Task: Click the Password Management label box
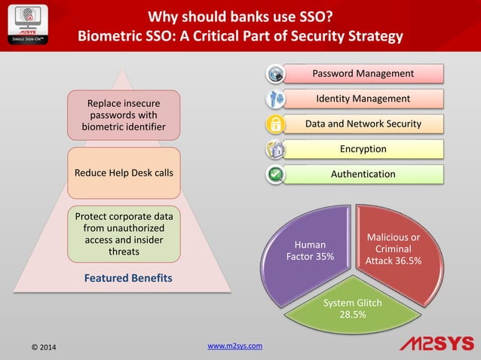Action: click(x=363, y=74)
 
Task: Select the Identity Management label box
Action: click(x=363, y=99)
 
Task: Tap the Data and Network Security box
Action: click(x=363, y=124)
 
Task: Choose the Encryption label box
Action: click(x=363, y=149)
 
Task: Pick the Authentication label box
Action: click(x=363, y=174)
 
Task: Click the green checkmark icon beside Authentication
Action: click(x=276, y=175)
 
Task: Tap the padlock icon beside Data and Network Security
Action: click(x=276, y=124)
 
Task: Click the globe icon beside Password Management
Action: click(x=276, y=74)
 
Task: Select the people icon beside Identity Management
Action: click(x=276, y=99)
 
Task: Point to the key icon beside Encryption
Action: click(x=276, y=150)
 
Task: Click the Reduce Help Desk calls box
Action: click(x=124, y=173)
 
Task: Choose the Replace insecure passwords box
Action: click(x=124, y=114)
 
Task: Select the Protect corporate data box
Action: click(x=124, y=233)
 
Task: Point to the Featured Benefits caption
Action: click(x=128, y=278)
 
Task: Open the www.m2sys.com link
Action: click(x=234, y=346)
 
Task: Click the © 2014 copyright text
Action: click(x=43, y=347)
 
